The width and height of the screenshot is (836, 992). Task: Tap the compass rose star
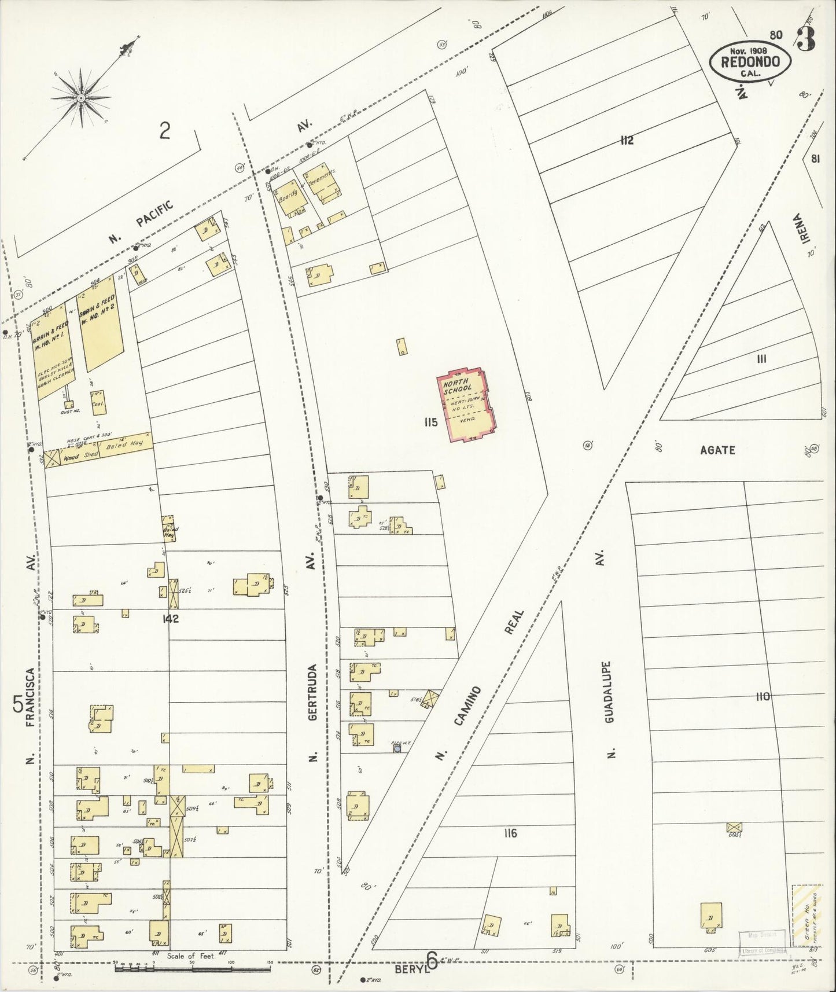point(81,98)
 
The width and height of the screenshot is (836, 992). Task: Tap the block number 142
point(171,619)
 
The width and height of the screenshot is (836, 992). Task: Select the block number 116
point(510,833)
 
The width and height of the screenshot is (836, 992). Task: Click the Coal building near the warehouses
point(97,403)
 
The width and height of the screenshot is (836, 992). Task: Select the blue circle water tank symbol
point(397,748)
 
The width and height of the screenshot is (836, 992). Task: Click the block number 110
point(763,697)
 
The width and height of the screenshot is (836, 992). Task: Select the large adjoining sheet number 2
point(165,132)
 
